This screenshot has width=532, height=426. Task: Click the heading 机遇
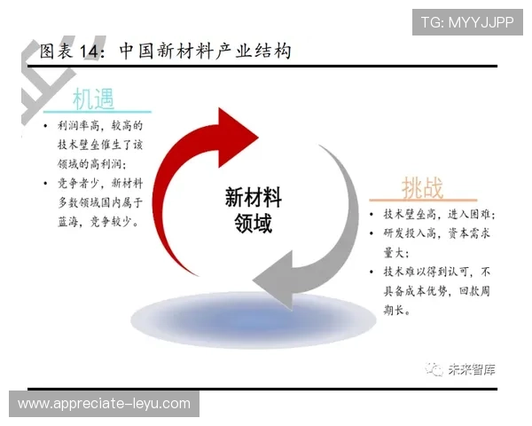pyautogui.click(x=93, y=99)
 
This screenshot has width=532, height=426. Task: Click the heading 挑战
pyautogui.click(x=422, y=187)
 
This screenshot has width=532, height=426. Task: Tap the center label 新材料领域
pyautogui.click(x=253, y=209)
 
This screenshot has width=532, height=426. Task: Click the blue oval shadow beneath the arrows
pyautogui.click(x=254, y=320)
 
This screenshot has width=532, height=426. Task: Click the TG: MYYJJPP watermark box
pyautogui.click(x=467, y=22)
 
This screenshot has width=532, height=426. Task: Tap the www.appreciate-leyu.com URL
pyautogui.click(x=104, y=404)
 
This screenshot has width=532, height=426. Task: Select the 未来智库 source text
pyautogui.click(x=472, y=369)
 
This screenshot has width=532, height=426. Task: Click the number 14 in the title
pyautogui.click(x=90, y=51)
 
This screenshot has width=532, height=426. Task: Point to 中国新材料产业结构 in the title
pyautogui.click(x=206, y=51)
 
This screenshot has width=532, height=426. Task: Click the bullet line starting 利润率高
pyautogui.click(x=100, y=126)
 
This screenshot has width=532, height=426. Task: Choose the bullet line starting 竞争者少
pyautogui.click(x=100, y=184)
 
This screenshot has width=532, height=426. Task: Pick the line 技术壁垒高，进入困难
pyautogui.click(x=440, y=215)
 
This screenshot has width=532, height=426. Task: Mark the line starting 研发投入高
pyautogui.click(x=437, y=233)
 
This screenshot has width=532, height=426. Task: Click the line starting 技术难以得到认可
pyautogui.click(x=437, y=272)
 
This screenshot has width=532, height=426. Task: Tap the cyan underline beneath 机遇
pyautogui.click(x=98, y=112)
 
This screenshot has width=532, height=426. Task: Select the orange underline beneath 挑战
pyautogui.click(x=423, y=200)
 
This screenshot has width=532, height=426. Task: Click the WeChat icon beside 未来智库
pyautogui.click(x=434, y=369)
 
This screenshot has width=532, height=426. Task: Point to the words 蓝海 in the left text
pyautogui.click(x=68, y=222)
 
